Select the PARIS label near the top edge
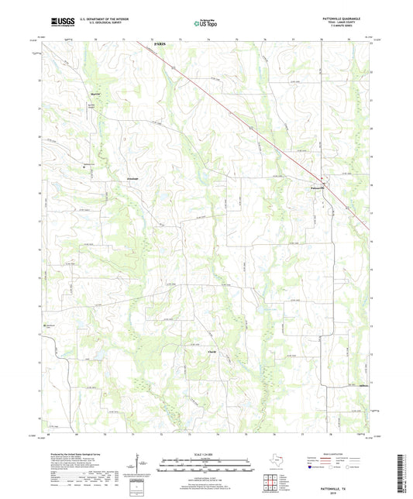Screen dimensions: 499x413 [160, 45]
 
